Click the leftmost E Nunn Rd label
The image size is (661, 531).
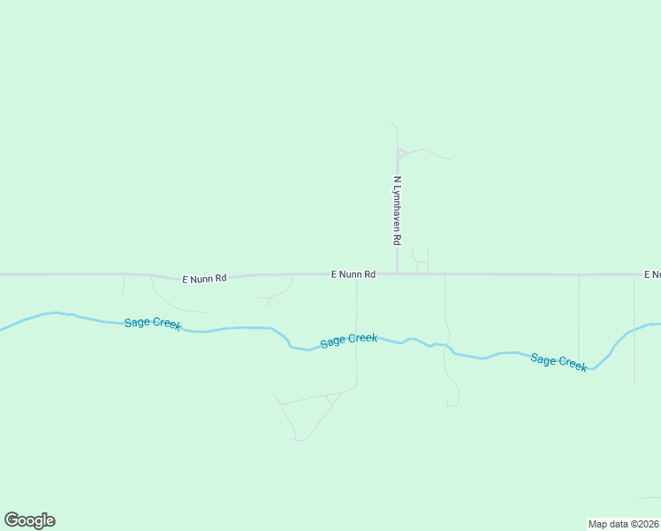(x=204, y=279)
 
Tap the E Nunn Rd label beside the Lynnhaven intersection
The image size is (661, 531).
(x=353, y=274)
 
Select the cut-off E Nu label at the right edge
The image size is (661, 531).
(x=652, y=274)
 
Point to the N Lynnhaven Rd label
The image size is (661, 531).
(x=398, y=211)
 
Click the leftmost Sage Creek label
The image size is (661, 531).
(x=153, y=323)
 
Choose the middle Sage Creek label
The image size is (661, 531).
(x=349, y=340)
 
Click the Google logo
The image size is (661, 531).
(x=29, y=520)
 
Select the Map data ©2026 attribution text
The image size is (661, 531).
(x=623, y=524)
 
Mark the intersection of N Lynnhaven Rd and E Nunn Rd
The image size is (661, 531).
(x=398, y=273)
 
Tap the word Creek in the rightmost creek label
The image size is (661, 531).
(x=571, y=365)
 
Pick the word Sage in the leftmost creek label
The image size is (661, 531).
(x=137, y=321)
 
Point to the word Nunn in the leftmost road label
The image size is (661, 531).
(x=202, y=279)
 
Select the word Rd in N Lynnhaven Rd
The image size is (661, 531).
(x=398, y=239)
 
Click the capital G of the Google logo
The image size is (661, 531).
(x=11, y=520)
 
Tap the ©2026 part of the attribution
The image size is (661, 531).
(x=642, y=524)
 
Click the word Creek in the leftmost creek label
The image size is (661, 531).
(x=167, y=325)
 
